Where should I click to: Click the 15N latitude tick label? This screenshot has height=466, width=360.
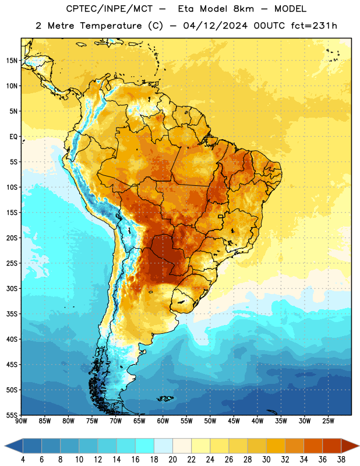pyautogui.click(x=12, y=61)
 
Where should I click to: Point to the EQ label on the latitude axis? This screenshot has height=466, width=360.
pyautogui.click(x=13, y=137)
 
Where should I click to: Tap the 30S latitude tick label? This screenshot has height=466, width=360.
pyautogui.click(x=12, y=288)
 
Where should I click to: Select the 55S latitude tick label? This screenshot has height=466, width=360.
pyautogui.click(x=12, y=415)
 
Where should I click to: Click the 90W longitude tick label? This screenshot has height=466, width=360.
pyautogui.click(x=21, y=421)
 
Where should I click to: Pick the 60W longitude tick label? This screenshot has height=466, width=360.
pyautogui.click(x=163, y=421)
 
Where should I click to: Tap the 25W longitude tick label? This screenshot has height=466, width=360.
pyautogui.click(x=328, y=421)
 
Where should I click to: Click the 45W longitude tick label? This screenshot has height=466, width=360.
pyautogui.click(x=234, y=421)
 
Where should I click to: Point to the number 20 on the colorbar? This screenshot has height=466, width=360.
pyautogui.click(x=172, y=460)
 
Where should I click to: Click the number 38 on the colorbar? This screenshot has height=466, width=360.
pyautogui.click(x=341, y=460)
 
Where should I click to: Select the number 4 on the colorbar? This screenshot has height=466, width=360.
pyautogui.click(x=23, y=460)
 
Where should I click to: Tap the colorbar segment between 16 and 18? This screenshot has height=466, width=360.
pyautogui.click(x=145, y=446)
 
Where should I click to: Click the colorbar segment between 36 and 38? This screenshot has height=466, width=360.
pyautogui.click(x=332, y=446)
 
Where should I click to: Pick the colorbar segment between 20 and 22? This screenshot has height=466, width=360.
pyautogui.click(x=182, y=446)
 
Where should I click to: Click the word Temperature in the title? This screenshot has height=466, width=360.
pyautogui.click(x=111, y=26)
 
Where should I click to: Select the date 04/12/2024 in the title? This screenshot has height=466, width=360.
pyautogui.click(x=215, y=26)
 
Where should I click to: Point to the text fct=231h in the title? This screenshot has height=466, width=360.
pyautogui.click(x=314, y=26)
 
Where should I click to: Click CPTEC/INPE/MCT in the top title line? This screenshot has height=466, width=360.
pyautogui.click(x=110, y=9)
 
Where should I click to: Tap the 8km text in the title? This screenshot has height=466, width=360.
pyautogui.click(x=243, y=9)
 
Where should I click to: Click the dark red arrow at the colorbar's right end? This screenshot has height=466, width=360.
pyautogui.click(x=350, y=446)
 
